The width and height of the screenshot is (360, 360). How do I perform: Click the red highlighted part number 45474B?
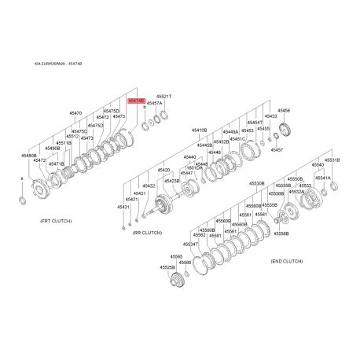pos(135,101)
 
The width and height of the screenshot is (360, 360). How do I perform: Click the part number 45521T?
pos(163,96)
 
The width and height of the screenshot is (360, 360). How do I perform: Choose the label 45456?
pos(284,111)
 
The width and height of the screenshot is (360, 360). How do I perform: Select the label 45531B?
pos(332,160)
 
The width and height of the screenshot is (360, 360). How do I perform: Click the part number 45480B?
pos(29,156)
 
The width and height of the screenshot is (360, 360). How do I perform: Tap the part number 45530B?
pos(257,182)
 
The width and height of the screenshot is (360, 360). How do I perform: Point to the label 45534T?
pos(190,244)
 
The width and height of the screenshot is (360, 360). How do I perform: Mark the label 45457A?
pos(155,103)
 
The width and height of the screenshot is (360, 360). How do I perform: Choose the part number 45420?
pos(163,169)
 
